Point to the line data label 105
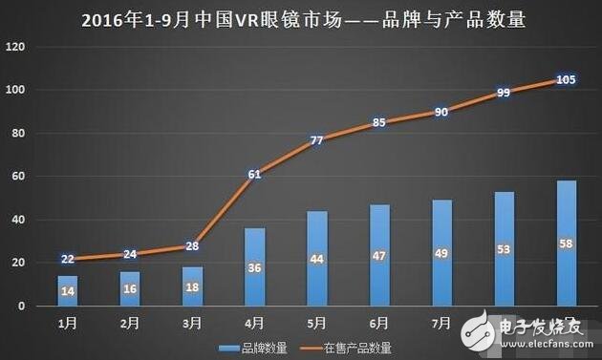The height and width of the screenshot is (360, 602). (566, 79)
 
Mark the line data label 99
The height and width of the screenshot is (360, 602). (504, 93)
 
